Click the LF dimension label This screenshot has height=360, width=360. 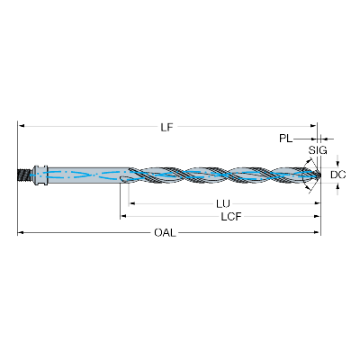pyautogui.click(x=166, y=128)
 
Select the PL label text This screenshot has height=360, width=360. pyautogui.click(x=286, y=139)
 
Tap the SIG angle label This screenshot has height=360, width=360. pyautogui.click(x=318, y=150)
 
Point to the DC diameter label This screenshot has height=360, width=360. pyautogui.click(x=338, y=175)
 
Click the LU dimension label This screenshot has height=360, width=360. pyautogui.click(x=223, y=204)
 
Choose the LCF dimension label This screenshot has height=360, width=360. pyautogui.click(x=231, y=217)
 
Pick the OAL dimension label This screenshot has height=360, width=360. pyautogui.click(x=165, y=232)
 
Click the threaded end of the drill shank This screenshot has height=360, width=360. pyautogui.click(x=23, y=175)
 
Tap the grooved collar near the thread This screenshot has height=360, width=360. pyautogui.click(x=39, y=175)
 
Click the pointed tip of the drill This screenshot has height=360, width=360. pyautogui.click(x=319, y=175)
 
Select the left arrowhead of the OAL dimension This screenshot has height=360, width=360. pyautogui.click(x=20, y=232)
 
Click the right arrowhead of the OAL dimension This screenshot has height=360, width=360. pyautogui.click(x=318, y=232)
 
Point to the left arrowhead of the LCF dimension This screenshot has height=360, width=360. pyautogui.click(x=123, y=216)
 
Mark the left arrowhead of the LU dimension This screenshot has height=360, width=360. pyautogui.click(x=131, y=203)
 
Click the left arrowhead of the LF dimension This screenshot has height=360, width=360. pyautogui.click(x=21, y=126)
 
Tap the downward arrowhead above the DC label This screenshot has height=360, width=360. pyautogui.click(x=338, y=163)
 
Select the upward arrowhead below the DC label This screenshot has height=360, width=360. pyautogui.click(x=338, y=186)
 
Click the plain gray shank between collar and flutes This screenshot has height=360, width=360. pyautogui.click(x=88, y=175)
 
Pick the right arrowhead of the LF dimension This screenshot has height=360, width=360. pyautogui.click(x=314, y=126)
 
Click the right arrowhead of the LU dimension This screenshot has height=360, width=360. pyautogui.click(x=318, y=203)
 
